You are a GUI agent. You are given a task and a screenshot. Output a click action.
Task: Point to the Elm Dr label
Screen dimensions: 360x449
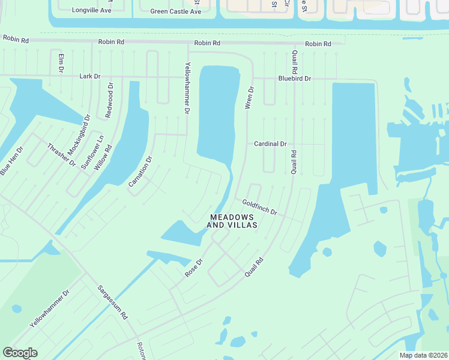click(61, 63)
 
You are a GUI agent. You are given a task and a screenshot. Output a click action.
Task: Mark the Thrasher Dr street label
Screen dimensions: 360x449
click(61, 155)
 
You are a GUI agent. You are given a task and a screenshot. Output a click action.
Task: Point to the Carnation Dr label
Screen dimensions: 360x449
click(141, 171)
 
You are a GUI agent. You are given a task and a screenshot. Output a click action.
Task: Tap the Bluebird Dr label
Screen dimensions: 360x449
click(294, 79)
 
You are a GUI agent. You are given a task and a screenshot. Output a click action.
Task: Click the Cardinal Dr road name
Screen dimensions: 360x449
click(270, 144)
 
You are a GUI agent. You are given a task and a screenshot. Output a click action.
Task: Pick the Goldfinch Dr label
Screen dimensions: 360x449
click(259, 208)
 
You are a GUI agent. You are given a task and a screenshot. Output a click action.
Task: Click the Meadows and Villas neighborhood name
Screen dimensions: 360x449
click(232, 221)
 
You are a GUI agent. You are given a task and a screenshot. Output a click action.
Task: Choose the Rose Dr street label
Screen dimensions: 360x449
click(194, 268)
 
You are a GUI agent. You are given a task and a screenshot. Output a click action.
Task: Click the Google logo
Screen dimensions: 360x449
click(20, 353)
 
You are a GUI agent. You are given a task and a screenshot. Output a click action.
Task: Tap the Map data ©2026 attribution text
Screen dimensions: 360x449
click(423, 355)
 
